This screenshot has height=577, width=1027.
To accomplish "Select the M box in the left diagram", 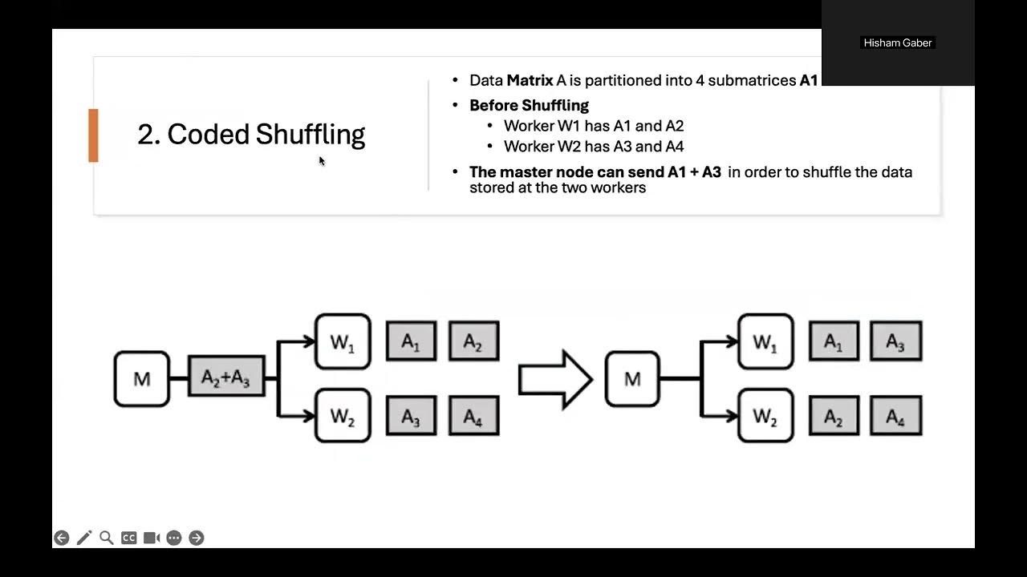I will point(142,378).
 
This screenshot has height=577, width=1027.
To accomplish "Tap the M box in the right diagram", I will point(632,378).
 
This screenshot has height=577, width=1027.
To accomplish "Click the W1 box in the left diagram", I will point(343,341).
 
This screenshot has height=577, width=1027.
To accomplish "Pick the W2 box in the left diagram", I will point(343,416).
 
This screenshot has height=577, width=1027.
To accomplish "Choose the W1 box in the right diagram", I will point(765,341).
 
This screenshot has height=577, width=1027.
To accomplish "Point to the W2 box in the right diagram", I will point(765,416).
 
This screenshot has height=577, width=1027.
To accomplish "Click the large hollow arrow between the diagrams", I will point(554,379).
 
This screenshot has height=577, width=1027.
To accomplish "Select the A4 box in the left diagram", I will point(473,416).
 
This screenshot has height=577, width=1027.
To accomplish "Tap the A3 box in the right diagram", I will point(896,341).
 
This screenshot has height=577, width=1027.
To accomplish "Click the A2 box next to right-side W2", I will point(834,416).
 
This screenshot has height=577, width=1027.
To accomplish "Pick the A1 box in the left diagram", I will point(411,341).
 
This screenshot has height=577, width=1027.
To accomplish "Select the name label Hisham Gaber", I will point(897,42).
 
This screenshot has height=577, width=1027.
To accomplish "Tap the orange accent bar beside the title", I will point(93,135).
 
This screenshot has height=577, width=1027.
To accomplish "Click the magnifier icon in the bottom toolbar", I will point(106,538).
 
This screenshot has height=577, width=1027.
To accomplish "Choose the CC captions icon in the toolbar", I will point(128,538).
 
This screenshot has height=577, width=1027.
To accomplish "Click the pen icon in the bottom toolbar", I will point(83,538).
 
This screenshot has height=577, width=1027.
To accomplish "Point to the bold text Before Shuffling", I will point(529,105).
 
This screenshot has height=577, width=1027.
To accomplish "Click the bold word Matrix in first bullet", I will point(530,80).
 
